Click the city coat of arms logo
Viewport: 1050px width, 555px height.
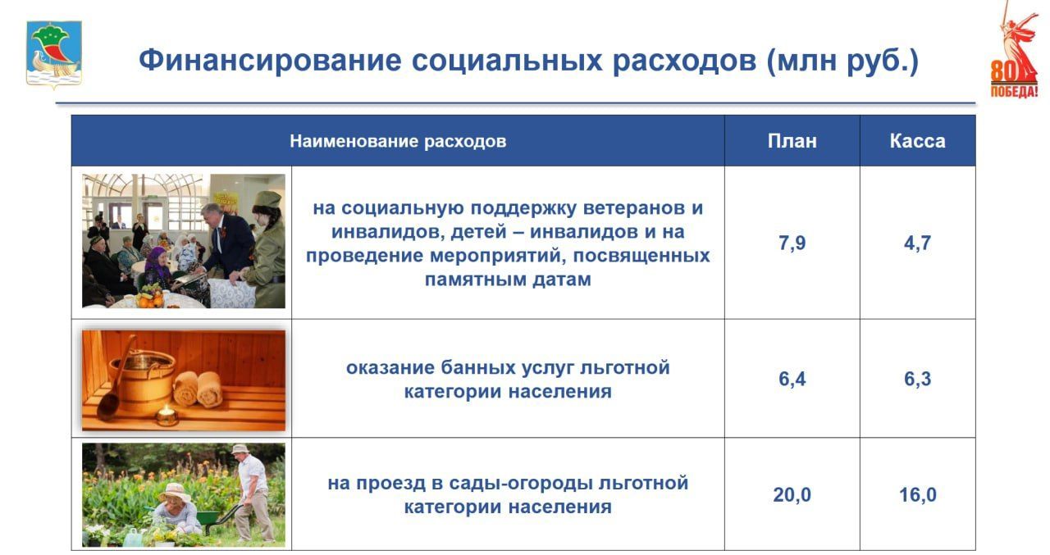[54, 55]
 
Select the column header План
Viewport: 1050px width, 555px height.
[792, 141]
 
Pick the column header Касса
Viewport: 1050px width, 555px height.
[917, 141]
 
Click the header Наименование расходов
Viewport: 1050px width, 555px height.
[398, 141]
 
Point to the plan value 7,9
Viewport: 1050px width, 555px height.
[792, 243]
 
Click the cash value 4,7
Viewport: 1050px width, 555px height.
[917, 243]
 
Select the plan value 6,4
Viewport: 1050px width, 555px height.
[792, 380]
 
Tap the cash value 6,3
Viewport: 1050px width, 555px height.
[917, 380]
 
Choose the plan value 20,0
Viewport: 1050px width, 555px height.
[792, 495]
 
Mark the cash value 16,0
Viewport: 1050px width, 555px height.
[917, 495]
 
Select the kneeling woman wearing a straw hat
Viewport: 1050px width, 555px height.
[176, 508]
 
